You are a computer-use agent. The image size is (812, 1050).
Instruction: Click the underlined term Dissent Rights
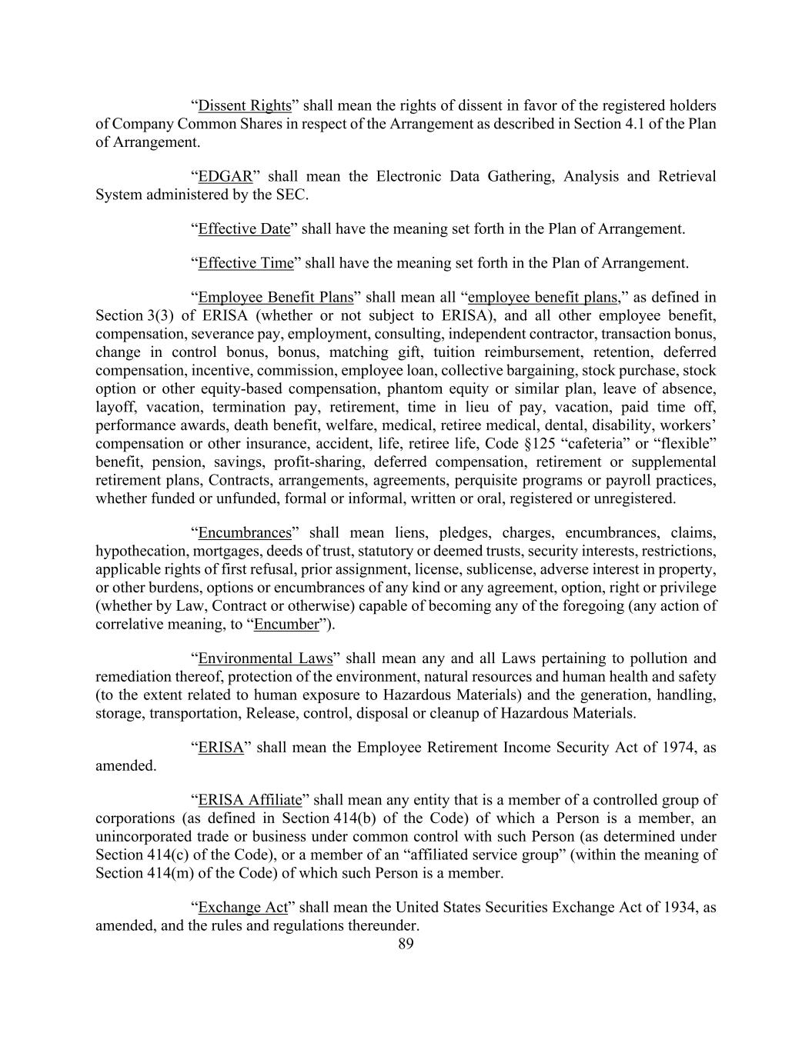click(x=245, y=105)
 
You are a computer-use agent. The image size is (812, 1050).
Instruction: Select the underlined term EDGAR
click(x=226, y=176)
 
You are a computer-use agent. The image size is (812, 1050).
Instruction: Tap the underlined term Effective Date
click(x=244, y=228)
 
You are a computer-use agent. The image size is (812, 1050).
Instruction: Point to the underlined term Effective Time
click(x=246, y=263)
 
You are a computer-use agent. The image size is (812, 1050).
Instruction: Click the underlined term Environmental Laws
click(x=266, y=658)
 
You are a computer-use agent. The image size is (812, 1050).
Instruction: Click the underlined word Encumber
click(x=286, y=624)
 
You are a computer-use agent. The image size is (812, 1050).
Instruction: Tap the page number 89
click(x=406, y=944)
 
